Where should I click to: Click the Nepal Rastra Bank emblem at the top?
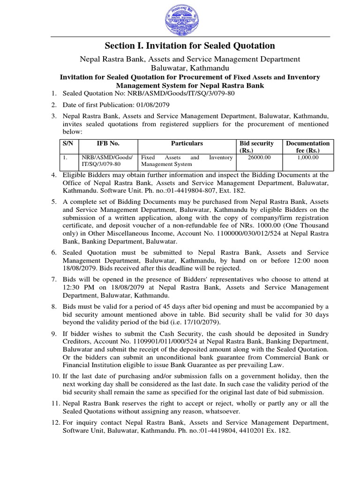(180, 19)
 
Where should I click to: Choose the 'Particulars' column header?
(187, 143)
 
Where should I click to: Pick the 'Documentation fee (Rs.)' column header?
(307, 146)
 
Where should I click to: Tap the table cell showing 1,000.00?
(308, 158)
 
